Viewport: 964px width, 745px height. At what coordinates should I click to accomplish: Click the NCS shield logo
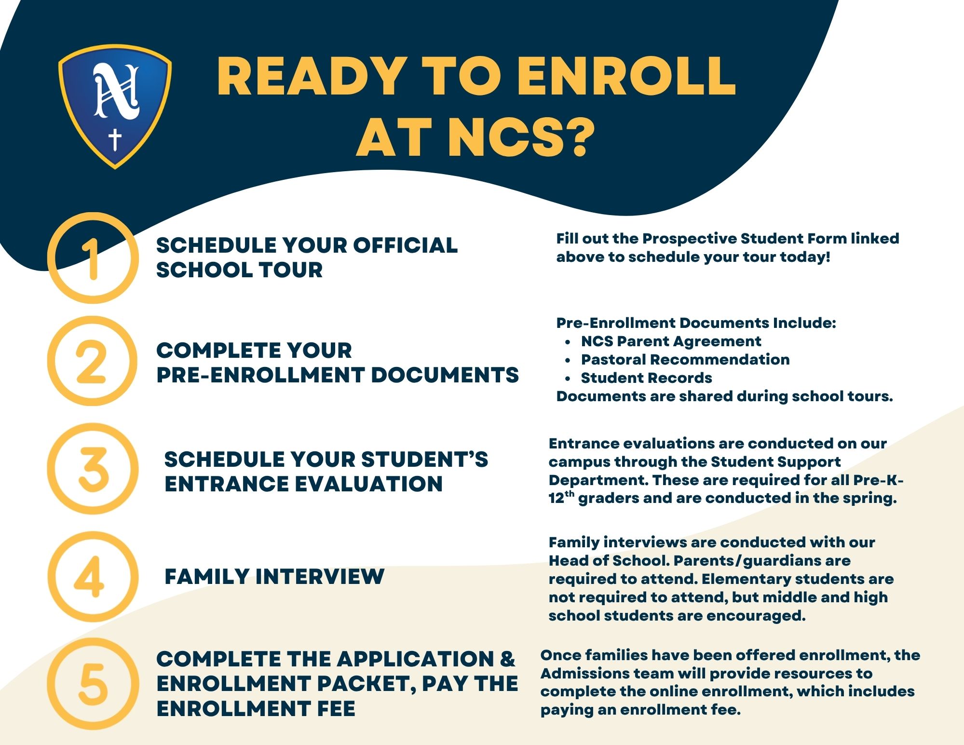pos(115,107)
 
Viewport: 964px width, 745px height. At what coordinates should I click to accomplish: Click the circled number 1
pos(93,258)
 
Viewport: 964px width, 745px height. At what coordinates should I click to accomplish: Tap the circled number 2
pos(92,361)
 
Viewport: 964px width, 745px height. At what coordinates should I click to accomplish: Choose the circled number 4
pos(93,577)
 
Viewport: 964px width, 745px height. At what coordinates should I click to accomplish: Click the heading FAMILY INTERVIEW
pos(274,577)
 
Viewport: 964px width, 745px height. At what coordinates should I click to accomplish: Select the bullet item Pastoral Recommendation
pos(685,360)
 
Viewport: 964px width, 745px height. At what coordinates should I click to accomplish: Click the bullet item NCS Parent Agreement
pos(671,341)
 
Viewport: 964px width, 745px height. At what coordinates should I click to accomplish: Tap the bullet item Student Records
pos(646,378)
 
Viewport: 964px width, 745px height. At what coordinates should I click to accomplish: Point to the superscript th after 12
pos(570,493)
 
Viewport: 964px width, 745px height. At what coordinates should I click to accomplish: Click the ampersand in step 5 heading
pos(507,659)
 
